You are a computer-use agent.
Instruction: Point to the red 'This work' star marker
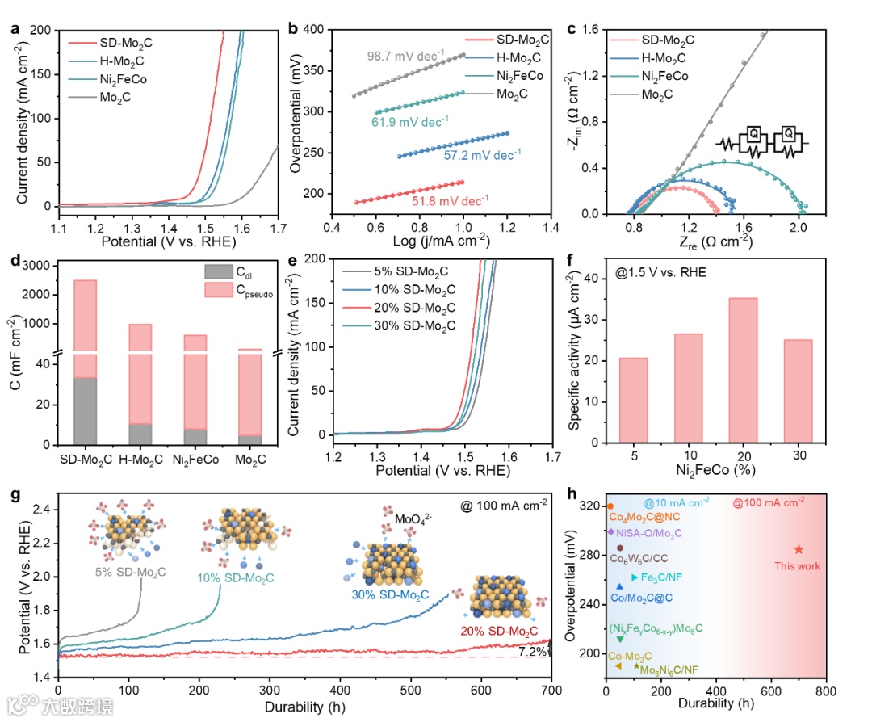(799, 549)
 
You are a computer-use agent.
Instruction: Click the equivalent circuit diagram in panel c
(761, 143)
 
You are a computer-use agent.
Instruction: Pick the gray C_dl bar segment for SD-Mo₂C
(96, 410)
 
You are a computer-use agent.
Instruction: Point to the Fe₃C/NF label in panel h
(664, 577)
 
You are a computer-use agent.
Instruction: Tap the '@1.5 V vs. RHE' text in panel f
(656, 272)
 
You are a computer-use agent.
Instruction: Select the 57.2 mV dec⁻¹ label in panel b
(482, 153)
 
